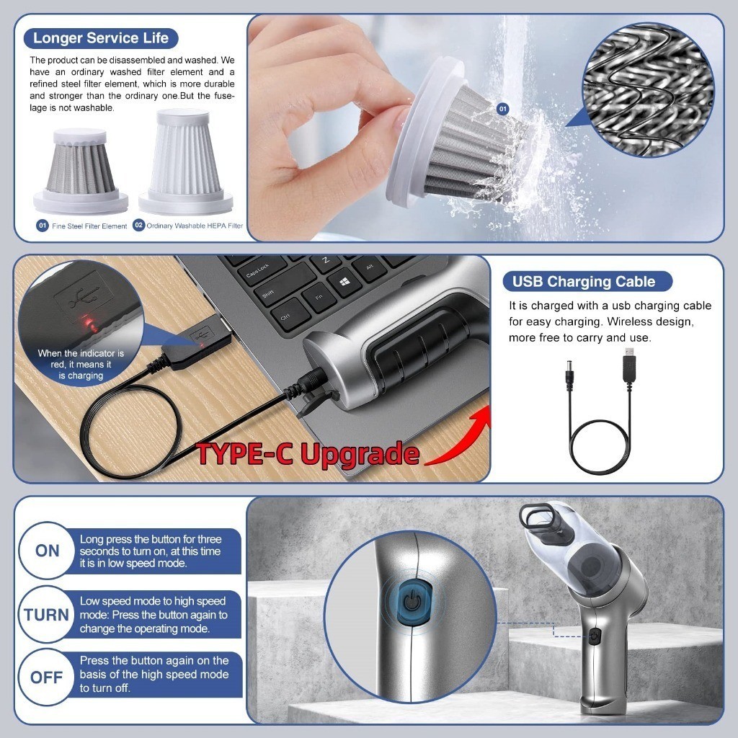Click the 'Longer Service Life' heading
101,38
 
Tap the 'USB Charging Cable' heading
584,282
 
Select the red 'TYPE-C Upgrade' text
308,454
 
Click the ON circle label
47,551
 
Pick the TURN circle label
46,615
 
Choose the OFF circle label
46,677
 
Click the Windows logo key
344,283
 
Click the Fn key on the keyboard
319,298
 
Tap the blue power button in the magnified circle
413,602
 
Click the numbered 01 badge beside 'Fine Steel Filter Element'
43,226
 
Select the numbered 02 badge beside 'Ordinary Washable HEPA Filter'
138,225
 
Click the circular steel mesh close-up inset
648,89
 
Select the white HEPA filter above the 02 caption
185,161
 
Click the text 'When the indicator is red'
81,359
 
